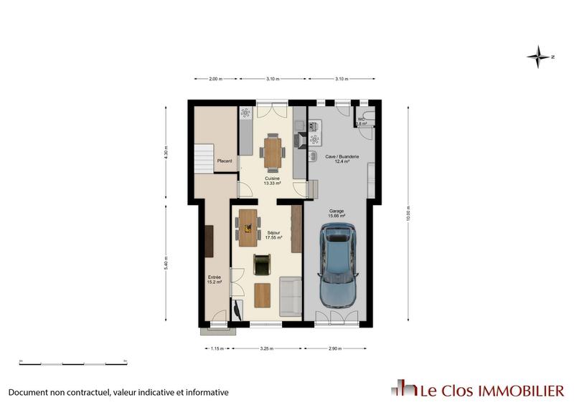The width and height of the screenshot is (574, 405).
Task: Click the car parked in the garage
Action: click(338, 265)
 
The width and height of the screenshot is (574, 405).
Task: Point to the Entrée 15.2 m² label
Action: click(215, 280)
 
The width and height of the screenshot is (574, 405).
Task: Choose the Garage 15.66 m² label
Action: click(337, 213)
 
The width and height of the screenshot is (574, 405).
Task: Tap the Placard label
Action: click(225, 161)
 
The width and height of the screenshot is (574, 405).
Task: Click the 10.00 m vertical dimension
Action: click(408, 213)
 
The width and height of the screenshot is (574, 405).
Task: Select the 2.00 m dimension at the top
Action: click(215, 79)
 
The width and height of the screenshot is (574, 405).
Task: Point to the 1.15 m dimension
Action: click(216, 348)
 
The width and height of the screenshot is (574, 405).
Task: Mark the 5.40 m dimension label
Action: click(166, 265)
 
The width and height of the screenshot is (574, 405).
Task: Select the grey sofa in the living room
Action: click(290, 295)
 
